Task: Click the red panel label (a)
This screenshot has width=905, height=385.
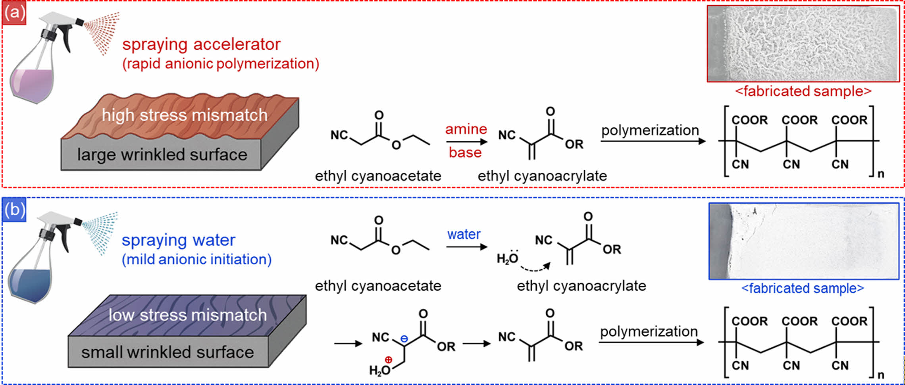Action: point(14,13)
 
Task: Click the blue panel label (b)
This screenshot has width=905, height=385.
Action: point(14,210)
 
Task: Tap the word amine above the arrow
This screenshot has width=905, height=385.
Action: point(466,129)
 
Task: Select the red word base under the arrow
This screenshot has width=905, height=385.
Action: point(465,152)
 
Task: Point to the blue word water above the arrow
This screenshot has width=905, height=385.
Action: point(464,234)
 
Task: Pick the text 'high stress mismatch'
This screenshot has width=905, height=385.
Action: point(185,115)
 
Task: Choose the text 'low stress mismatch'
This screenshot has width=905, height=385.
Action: point(188,315)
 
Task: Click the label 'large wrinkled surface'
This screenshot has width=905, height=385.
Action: point(162,154)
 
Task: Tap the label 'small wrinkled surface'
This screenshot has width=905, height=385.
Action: point(168,352)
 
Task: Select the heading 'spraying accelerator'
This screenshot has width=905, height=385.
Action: point(201,44)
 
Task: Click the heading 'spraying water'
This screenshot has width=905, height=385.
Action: point(178,240)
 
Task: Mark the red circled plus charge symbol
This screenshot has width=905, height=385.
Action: point(388,360)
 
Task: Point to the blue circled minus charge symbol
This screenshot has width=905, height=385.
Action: point(404,339)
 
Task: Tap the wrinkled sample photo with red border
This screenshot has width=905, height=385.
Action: point(803,44)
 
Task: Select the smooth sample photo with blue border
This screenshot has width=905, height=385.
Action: point(803,241)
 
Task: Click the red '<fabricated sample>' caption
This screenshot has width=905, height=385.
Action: point(803,91)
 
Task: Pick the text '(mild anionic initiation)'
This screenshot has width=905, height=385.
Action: point(196,260)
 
